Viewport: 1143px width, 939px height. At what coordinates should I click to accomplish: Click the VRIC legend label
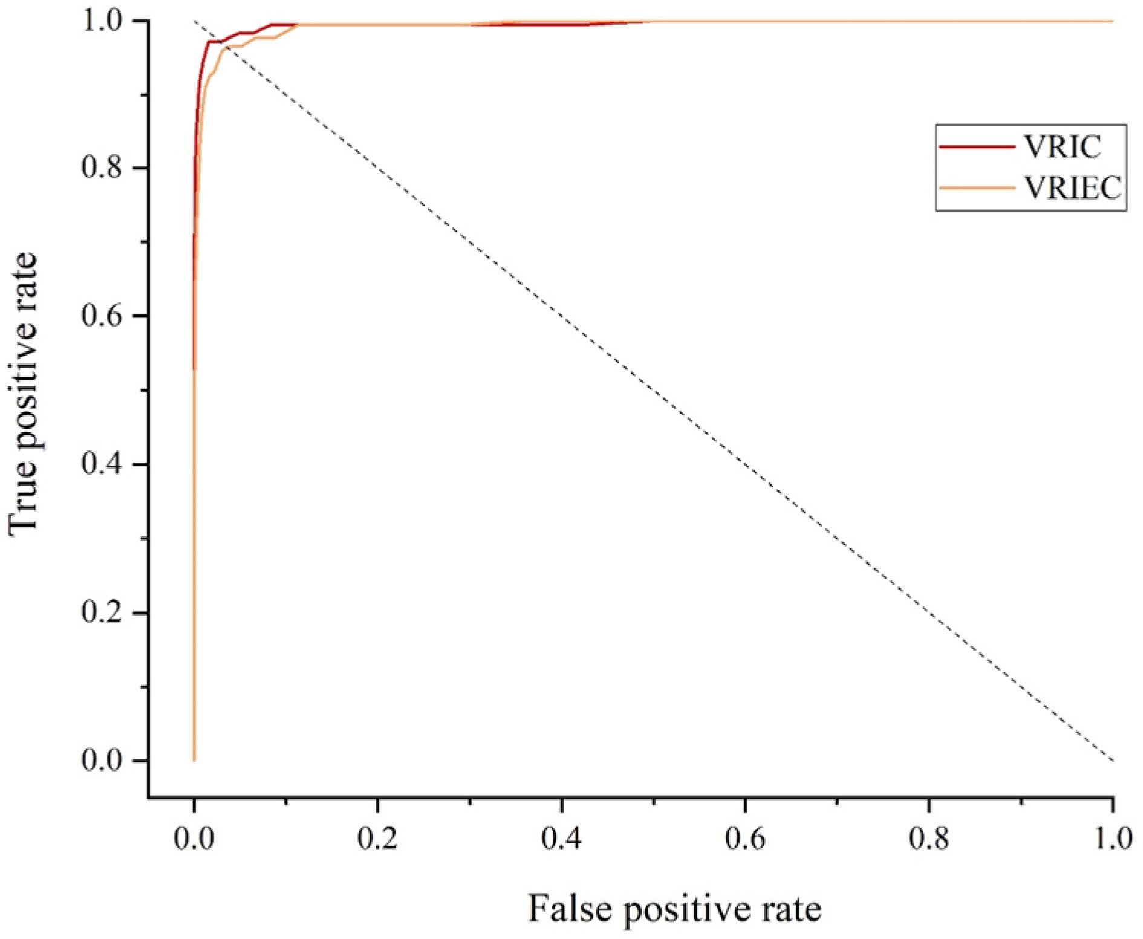(1063, 147)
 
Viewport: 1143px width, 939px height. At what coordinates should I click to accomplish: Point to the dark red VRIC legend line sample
(977, 147)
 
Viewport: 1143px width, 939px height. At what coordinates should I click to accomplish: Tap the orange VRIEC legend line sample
(977, 188)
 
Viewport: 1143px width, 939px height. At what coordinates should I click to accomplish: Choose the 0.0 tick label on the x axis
(194, 839)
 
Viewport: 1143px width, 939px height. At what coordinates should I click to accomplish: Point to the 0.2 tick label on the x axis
(377, 839)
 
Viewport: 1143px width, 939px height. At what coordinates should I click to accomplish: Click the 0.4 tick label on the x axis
(562, 839)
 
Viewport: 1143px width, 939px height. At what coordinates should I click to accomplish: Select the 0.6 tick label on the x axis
(745, 839)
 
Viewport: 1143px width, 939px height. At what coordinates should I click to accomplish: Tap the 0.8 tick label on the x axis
(929, 839)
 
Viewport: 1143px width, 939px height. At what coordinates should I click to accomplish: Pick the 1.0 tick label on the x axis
(1113, 839)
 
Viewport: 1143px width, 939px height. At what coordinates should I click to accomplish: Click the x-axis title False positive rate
(674, 909)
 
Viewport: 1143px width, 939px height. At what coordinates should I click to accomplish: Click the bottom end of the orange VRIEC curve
(194, 759)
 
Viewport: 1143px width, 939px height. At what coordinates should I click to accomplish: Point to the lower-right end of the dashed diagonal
(1112, 760)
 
